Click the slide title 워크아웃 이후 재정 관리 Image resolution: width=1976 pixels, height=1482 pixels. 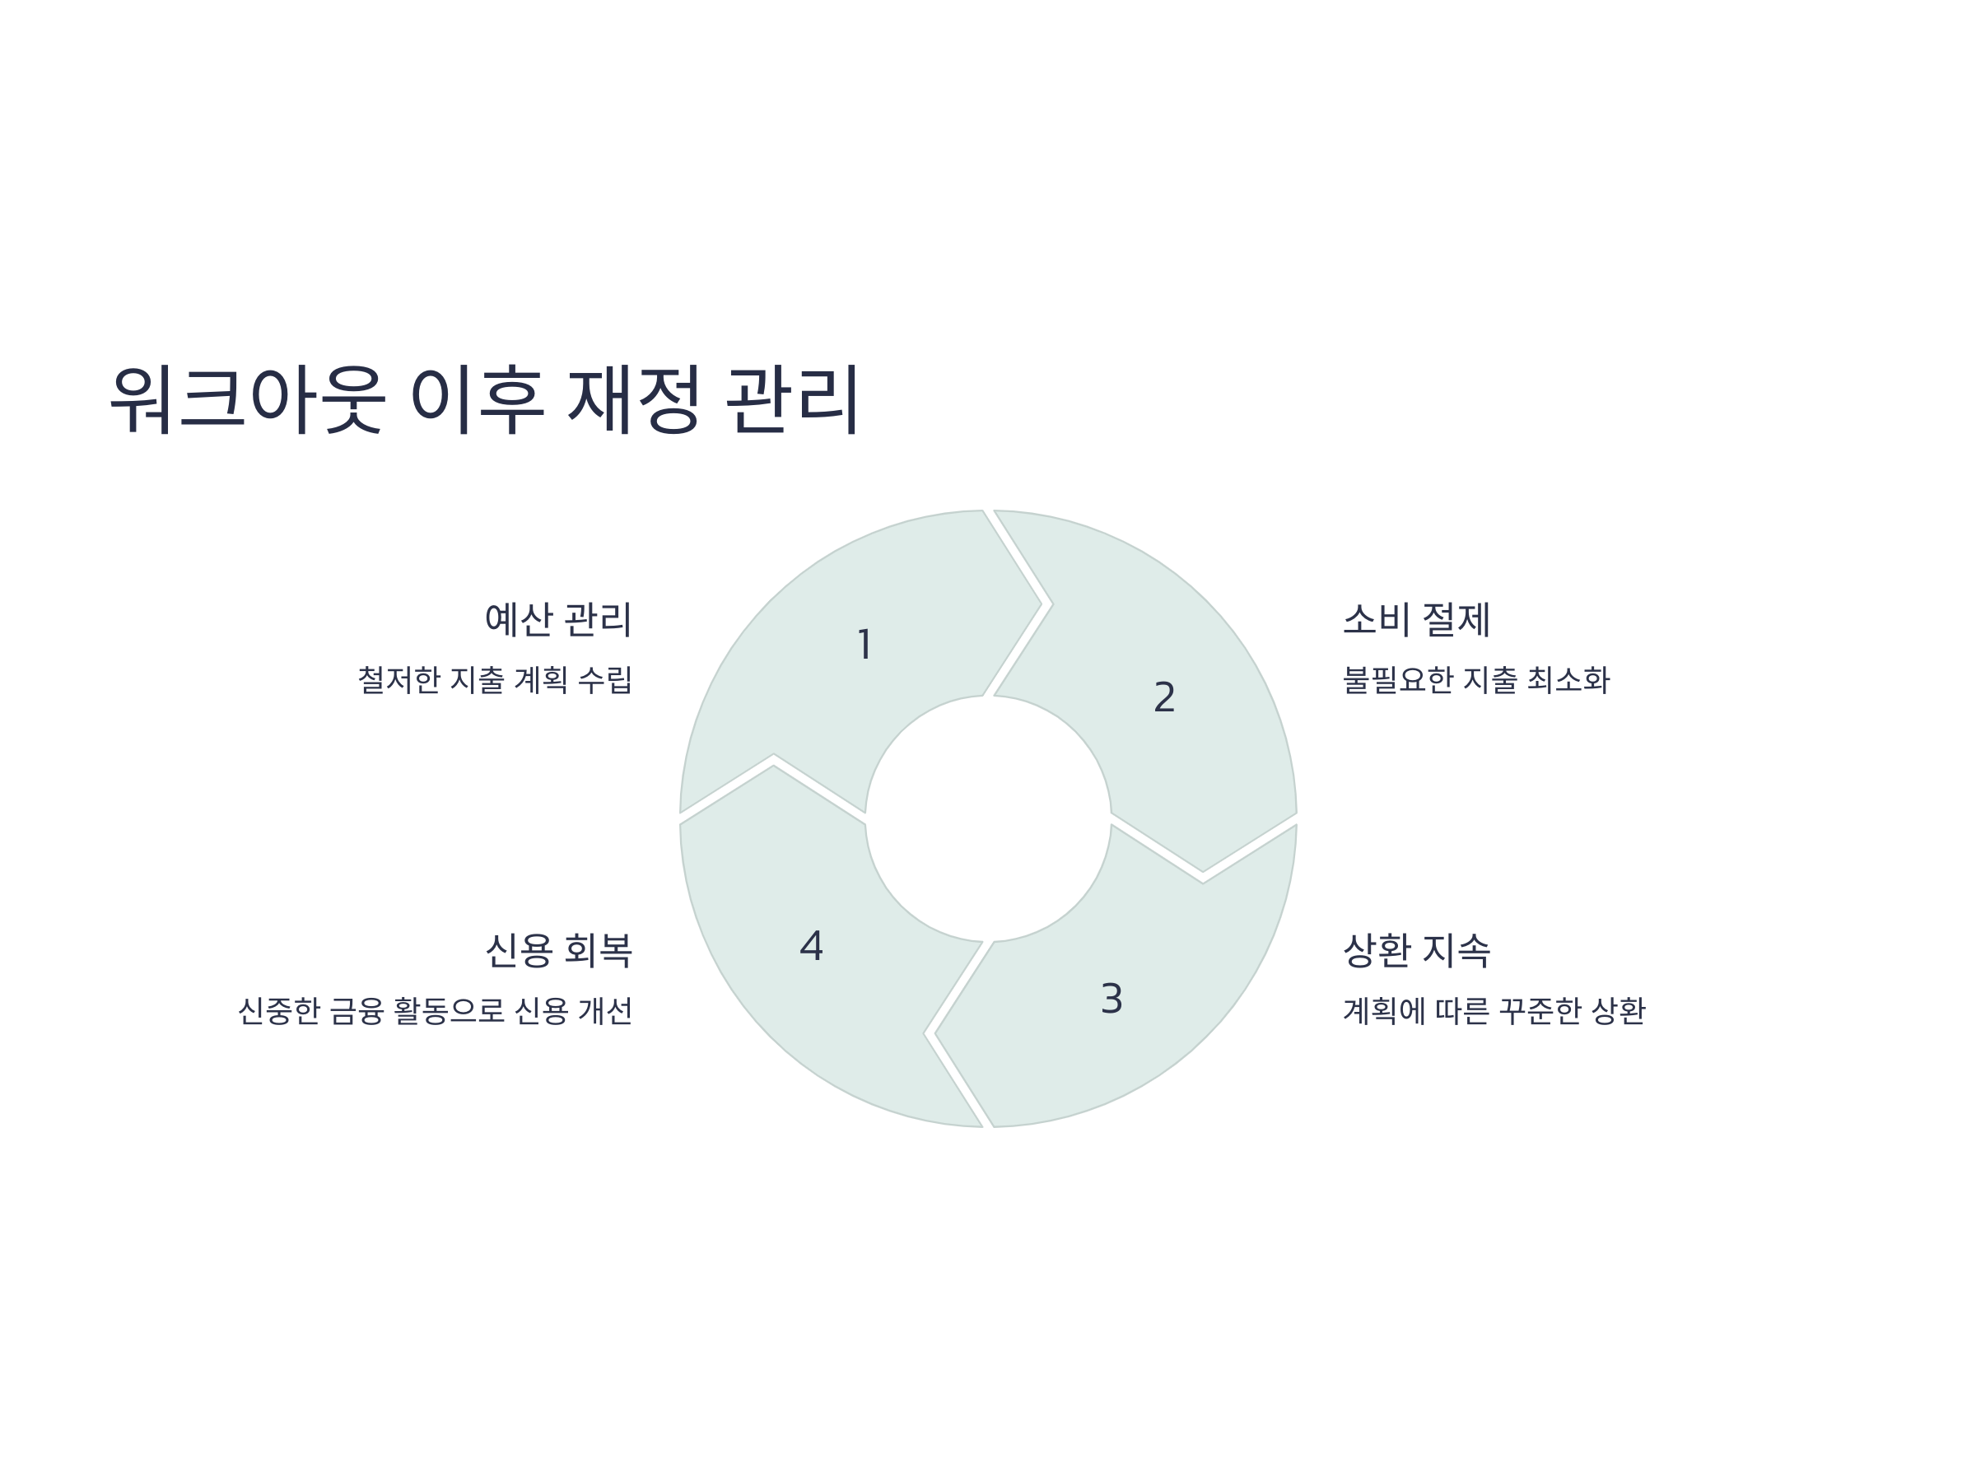tap(483, 398)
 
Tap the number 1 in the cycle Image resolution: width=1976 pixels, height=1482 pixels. tap(864, 645)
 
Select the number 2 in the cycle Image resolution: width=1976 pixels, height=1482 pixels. tap(1164, 697)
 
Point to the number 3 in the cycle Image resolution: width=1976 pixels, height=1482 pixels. tap(1111, 999)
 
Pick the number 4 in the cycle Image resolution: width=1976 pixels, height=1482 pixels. tap(811, 946)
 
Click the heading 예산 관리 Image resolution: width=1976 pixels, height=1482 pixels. tap(557, 620)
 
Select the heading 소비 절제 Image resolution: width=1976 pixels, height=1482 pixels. tap(1417, 620)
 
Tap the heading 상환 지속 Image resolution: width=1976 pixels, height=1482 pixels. tap(1417, 950)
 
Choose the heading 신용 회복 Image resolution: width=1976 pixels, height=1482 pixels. tap(557, 950)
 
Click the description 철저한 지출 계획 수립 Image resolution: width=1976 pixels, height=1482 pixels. tap(495, 681)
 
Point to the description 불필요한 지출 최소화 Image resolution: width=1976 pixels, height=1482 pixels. tap(1475, 681)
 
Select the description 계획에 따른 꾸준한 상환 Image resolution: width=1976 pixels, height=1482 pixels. tap(1494, 1011)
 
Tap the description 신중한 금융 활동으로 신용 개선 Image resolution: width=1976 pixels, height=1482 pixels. tap(435, 1011)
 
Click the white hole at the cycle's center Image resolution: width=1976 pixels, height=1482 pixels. tap(988, 818)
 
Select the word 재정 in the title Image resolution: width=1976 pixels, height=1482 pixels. tap(633, 398)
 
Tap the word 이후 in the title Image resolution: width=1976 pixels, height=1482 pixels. tap(476, 398)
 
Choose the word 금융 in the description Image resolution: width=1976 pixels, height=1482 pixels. tap(357, 1011)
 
